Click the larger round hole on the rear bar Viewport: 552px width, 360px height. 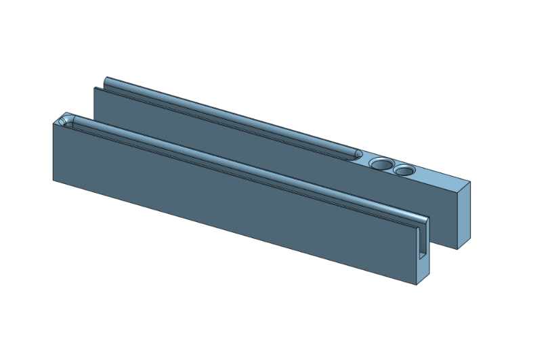(x=381, y=164)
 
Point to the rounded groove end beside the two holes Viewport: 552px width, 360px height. (x=356, y=155)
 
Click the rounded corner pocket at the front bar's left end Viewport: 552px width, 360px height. (x=65, y=121)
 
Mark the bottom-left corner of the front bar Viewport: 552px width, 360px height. (x=54, y=181)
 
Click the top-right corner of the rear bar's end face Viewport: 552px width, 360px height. (x=470, y=181)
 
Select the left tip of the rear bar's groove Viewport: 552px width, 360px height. (x=106, y=81)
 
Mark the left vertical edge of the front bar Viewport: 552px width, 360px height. (x=54, y=152)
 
